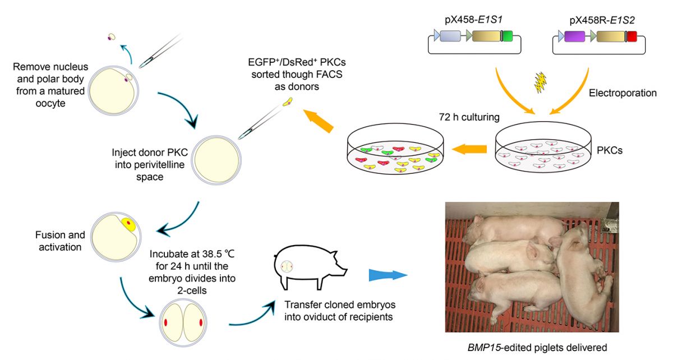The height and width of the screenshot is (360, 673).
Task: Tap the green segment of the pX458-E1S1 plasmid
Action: click(506, 37)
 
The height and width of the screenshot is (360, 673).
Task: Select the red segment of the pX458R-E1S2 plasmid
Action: click(632, 37)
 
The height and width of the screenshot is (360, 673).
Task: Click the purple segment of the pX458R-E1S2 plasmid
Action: click(575, 37)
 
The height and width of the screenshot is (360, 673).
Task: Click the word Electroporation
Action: click(623, 93)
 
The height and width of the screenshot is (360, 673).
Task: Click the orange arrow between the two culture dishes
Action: click(469, 149)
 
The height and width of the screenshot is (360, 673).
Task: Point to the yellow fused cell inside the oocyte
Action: click(128, 225)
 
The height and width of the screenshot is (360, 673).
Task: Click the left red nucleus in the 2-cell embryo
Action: click(166, 322)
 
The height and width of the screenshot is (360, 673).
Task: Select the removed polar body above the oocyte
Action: click(112, 37)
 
